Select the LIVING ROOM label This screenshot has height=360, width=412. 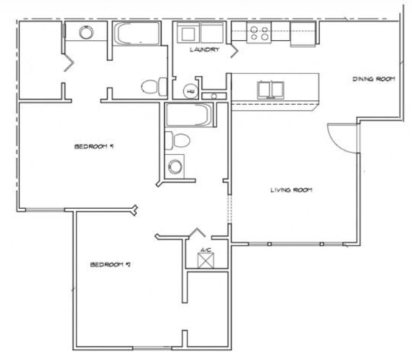pos(292,190)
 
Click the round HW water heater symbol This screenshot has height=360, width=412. pos(190,91)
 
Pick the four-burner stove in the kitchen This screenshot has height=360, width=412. pos(259,33)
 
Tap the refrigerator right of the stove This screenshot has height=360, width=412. pos(303,33)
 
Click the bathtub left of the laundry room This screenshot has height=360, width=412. pos(136,34)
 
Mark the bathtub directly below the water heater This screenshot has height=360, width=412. pos(189,115)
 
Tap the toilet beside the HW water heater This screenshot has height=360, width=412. pos(151,87)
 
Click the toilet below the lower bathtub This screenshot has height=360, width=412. pos(177,141)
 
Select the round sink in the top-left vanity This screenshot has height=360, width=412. pos(86,33)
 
